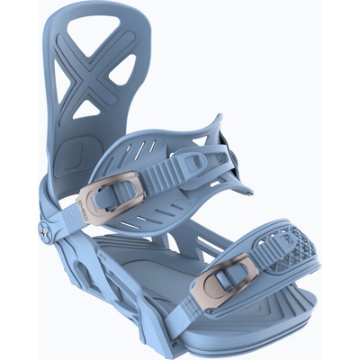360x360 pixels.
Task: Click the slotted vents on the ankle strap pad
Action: tap(153, 148)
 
